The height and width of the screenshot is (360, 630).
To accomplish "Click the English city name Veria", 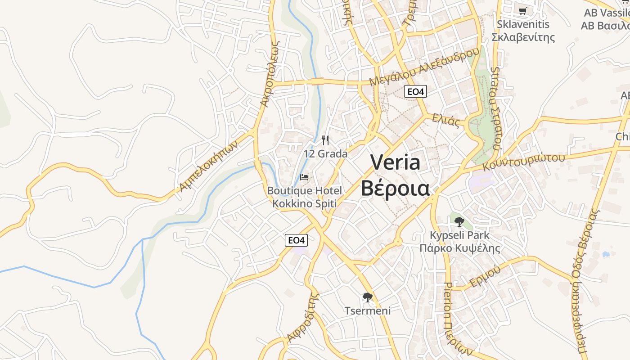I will click(x=395, y=162).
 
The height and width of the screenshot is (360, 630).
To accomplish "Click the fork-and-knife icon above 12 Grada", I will click(x=325, y=140).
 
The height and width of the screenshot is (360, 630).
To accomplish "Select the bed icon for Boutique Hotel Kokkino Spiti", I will click(x=305, y=177).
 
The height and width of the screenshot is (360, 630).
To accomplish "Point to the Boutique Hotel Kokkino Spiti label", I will click(x=305, y=197).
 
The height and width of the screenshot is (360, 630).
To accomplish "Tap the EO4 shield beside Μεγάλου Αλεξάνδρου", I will click(x=415, y=92).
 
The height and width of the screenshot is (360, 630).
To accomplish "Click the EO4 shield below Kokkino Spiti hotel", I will click(x=296, y=240).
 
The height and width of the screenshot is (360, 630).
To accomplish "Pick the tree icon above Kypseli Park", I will click(x=459, y=221).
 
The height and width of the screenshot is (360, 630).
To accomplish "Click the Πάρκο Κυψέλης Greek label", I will click(x=459, y=248).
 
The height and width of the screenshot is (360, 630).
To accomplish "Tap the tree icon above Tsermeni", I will click(x=368, y=297).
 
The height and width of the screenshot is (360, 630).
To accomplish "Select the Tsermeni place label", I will click(x=368, y=310).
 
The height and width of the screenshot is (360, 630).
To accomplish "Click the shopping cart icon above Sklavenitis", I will click(x=522, y=11).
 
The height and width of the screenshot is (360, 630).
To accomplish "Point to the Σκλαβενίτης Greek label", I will click(x=523, y=37).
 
